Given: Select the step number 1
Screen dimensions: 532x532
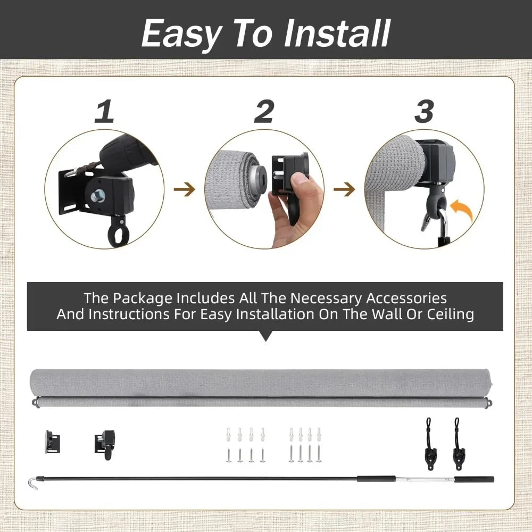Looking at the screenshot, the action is pos(104,111).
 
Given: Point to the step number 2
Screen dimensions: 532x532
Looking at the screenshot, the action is pos(264,111).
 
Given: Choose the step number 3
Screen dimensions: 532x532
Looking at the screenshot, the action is pos(424,111).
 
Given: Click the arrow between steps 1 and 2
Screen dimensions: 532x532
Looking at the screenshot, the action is pos(185,189).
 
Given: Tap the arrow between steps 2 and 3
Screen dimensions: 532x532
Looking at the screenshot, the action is pos(344,189).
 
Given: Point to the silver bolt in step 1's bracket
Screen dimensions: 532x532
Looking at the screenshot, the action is pos(98,196).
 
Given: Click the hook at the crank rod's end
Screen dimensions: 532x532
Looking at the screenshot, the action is pos(33,482).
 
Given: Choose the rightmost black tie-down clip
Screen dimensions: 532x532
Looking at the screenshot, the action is pos(458,444).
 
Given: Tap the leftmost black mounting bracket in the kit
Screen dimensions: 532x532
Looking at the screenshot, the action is pos(52,442).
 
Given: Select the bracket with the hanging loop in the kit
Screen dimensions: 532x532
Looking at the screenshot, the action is pos(105,444).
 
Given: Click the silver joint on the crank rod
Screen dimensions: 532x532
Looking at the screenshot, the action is pos(425,480).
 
